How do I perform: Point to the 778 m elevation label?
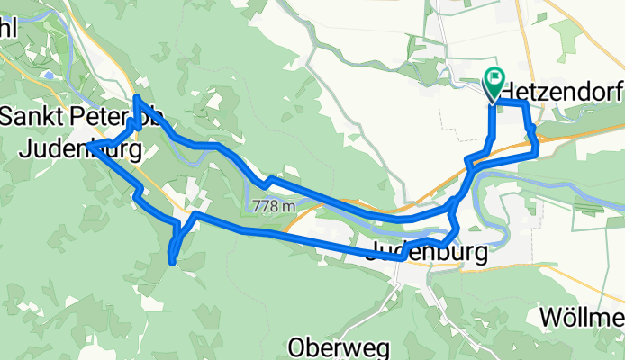pyautogui.click(x=275, y=206)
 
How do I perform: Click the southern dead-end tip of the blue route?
pyautogui.click(x=171, y=262)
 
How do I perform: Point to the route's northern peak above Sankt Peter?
pyautogui.click(x=136, y=96)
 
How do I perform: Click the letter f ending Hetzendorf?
pyautogui.click(x=620, y=91)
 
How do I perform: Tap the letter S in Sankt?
pyautogui.click(x=8, y=117)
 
